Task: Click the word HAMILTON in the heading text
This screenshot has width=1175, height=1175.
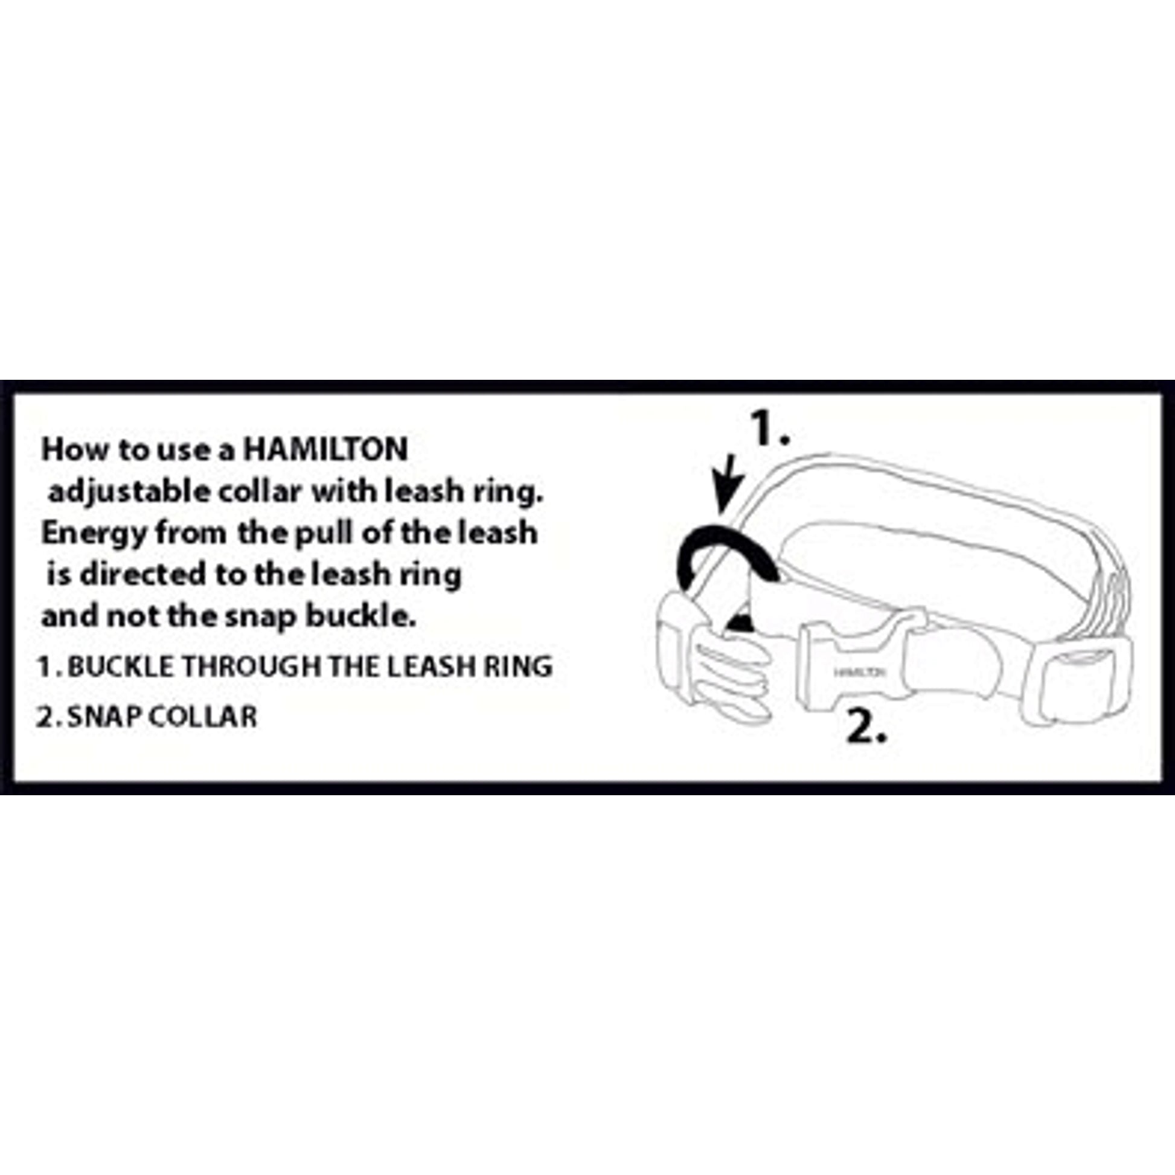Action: click(325, 450)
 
